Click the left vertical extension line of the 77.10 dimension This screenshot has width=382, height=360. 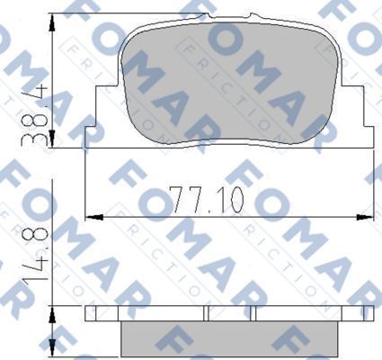point(84,180)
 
